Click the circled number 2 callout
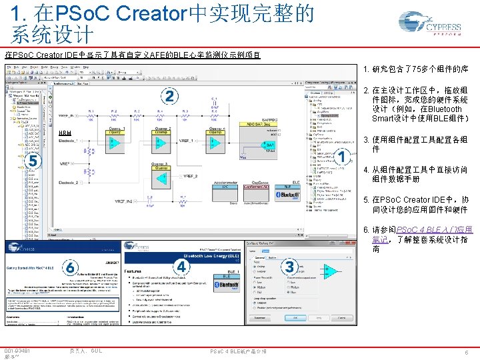[x=170, y=97]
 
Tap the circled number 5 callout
[x=31, y=161]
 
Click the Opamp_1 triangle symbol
[x=115, y=142]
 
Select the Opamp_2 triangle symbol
[x=162, y=142]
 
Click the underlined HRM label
[x=65, y=133]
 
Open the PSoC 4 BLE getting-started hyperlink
[x=421, y=229]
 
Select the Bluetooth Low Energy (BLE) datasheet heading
[x=193, y=255]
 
